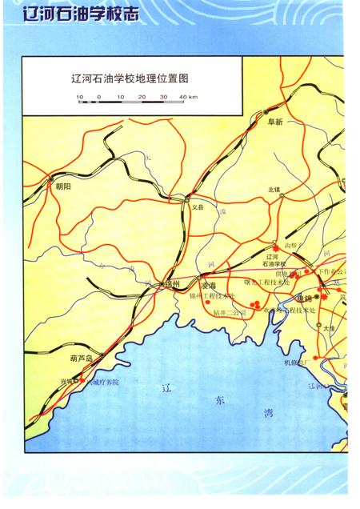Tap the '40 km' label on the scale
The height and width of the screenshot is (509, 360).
tap(189, 97)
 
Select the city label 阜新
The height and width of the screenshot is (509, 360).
tap(275, 122)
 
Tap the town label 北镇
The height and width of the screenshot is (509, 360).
tap(274, 190)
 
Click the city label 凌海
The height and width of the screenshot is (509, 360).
tap(209, 285)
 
